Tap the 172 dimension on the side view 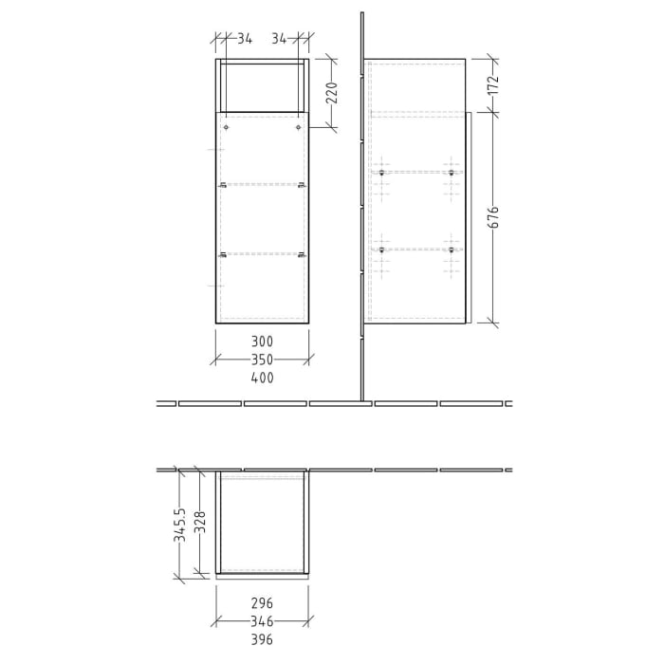(492, 86)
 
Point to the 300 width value (262, 341)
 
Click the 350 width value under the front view (262, 360)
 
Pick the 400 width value (262, 378)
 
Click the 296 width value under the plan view (262, 603)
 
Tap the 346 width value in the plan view (262, 621)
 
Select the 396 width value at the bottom (262, 639)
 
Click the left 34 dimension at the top (244, 39)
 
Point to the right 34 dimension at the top (280, 39)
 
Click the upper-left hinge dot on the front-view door (227, 127)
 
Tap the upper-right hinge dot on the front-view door (298, 127)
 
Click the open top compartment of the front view (262, 87)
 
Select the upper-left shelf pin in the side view (381, 173)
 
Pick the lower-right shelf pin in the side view (452, 249)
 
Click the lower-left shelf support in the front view (222, 253)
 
